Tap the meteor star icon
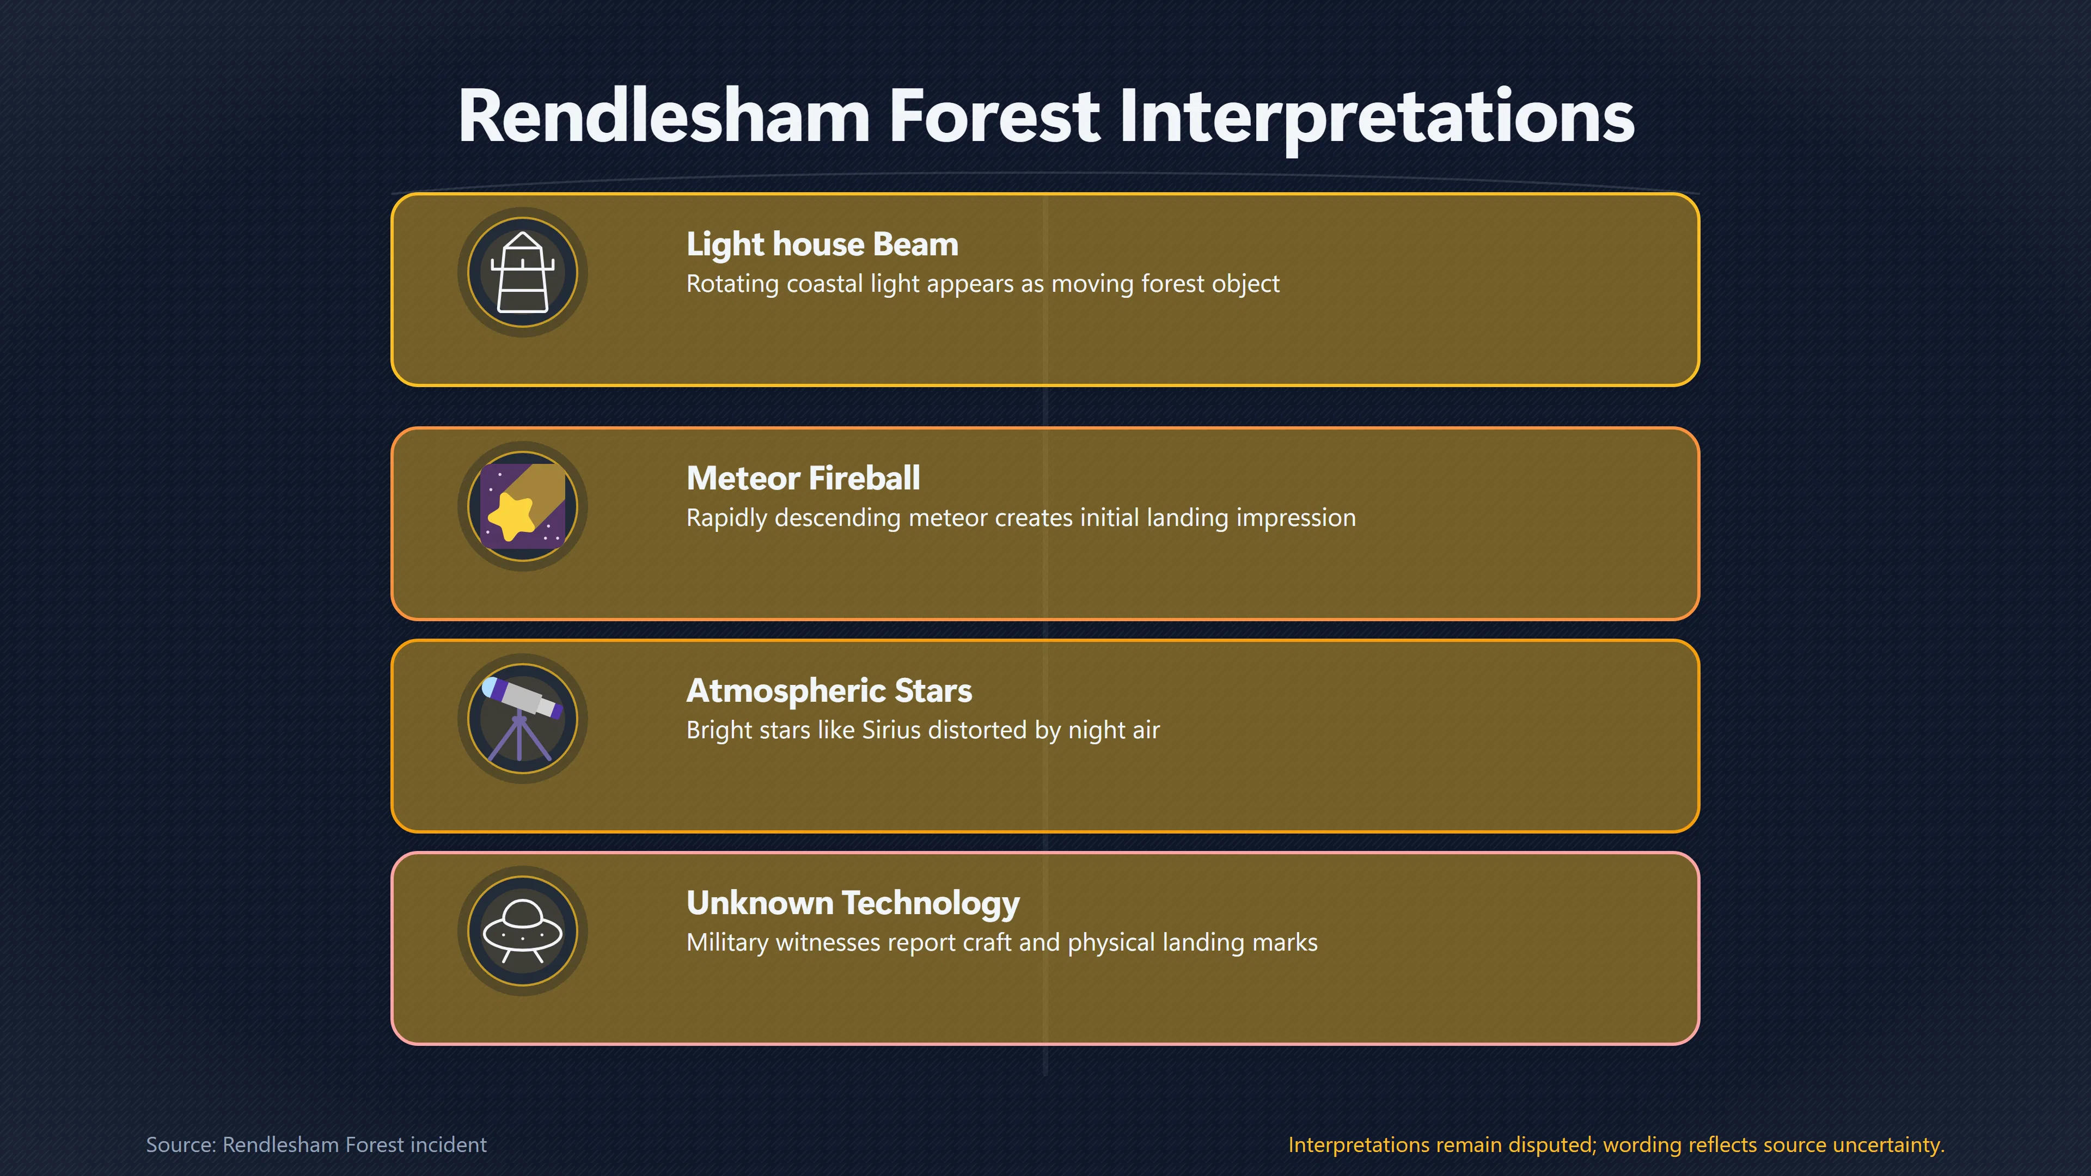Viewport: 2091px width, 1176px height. [523, 506]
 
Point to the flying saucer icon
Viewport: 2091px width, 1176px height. [523, 931]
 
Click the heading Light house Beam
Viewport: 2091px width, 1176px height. [822, 244]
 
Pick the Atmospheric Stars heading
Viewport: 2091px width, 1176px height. [829, 691]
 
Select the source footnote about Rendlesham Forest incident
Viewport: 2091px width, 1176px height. [316, 1144]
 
